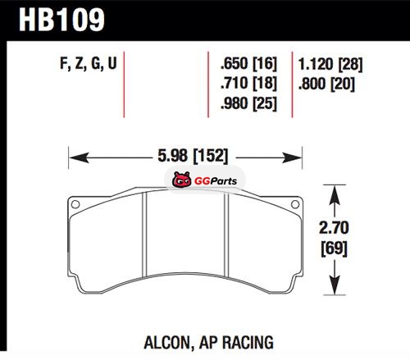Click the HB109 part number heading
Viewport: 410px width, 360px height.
pos(61,20)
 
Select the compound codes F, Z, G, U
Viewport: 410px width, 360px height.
pos(89,64)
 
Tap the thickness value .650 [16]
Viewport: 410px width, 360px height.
pos(248,63)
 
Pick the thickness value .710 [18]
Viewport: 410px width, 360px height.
pos(248,83)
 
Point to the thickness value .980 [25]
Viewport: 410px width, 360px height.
pos(248,103)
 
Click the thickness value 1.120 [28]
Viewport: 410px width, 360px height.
pos(330,65)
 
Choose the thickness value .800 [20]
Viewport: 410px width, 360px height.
pos(326,84)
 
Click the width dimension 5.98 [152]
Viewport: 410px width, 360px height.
pos(193,156)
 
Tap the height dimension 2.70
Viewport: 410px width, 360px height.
pos(334,228)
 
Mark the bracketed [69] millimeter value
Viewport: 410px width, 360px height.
pos(334,248)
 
